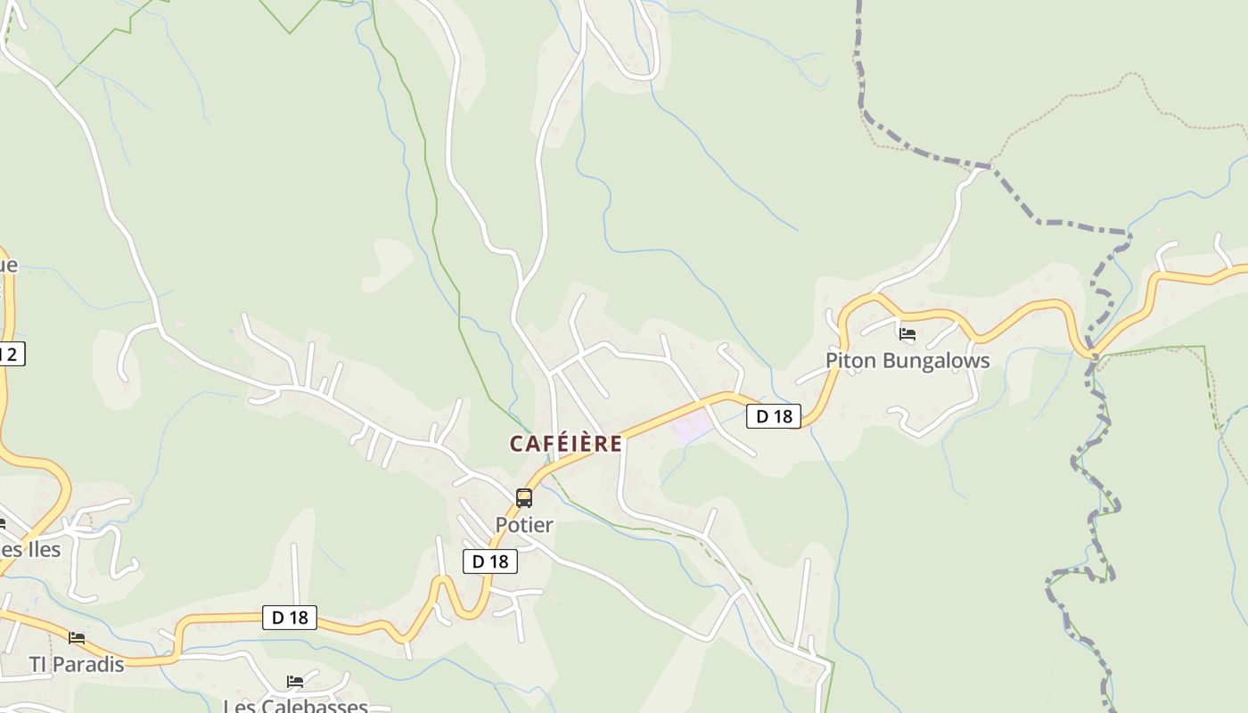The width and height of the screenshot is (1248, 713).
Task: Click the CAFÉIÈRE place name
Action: [565, 443]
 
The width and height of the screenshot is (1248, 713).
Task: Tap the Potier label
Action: [524, 525]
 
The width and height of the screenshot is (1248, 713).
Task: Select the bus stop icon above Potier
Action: [524, 498]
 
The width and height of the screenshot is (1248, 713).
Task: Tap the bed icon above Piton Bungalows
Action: [907, 335]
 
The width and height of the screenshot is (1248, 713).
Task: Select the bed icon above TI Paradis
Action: [77, 638]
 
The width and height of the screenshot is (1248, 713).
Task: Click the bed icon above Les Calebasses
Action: [295, 682]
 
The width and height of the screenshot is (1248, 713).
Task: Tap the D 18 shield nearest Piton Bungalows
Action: [774, 416]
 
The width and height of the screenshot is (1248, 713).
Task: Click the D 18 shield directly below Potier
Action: [490, 561]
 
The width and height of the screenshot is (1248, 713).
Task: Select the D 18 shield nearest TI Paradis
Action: [290, 618]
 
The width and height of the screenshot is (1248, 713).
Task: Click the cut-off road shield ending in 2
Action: [11, 354]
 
